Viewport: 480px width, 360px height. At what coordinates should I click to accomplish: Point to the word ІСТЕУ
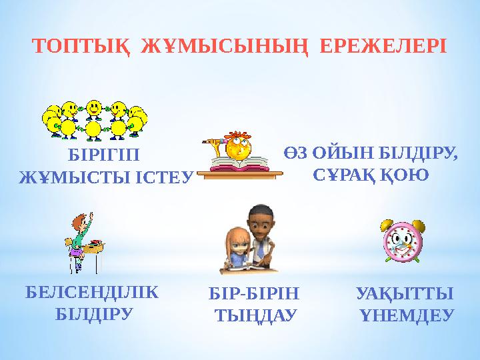tap(169, 177)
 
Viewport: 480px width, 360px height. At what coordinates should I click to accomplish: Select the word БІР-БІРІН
tap(255, 293)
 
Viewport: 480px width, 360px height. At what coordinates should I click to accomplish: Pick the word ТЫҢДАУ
tap(255, 314)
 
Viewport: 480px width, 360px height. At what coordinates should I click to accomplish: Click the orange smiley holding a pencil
tap(235, 147)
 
